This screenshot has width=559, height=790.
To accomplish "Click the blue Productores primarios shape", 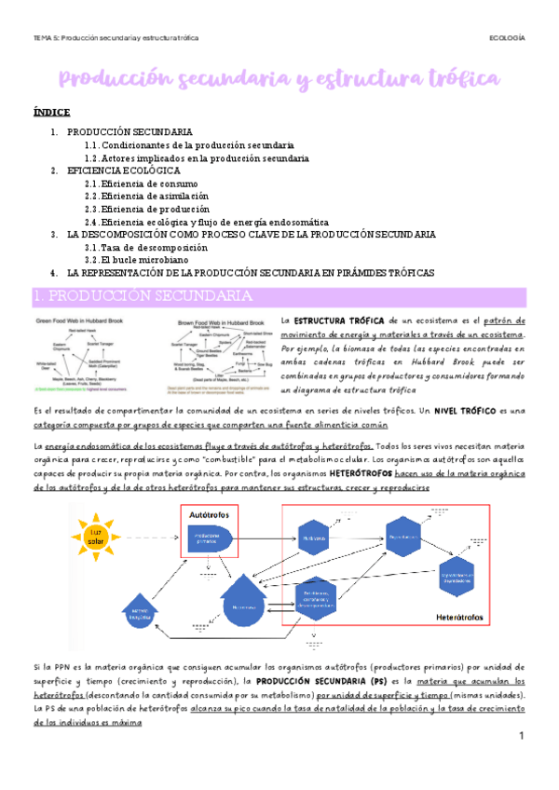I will [212, 538].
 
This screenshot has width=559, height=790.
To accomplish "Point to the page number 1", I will [523, 737].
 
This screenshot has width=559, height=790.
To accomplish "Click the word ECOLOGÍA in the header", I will [507, 38].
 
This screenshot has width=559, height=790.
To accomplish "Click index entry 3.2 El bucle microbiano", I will [148, 260].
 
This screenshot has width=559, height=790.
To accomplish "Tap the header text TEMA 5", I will [45, 38].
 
